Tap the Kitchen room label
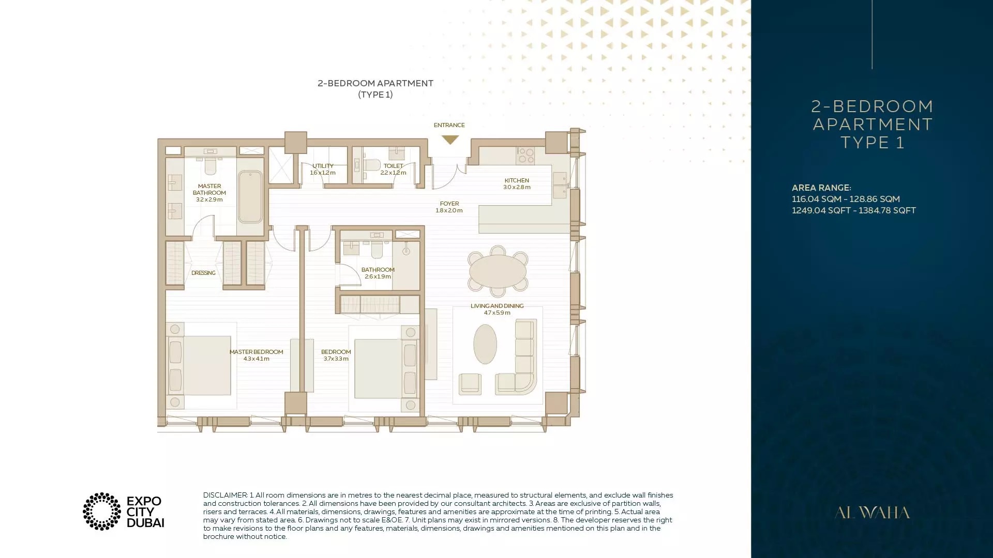point(517,180)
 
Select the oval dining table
point(498,271)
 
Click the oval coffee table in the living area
point(485,344)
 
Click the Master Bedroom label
point(256,352)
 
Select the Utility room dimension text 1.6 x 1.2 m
point(323,173)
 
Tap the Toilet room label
point(393,166)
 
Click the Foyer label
point(449,204)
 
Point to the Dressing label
point(203,273)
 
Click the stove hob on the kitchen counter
point(526,156)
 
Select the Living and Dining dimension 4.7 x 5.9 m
point(497,313)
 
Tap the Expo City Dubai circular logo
point(102,512)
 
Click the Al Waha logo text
point(872,513)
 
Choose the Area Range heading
point(821,188)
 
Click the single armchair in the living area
point(470,384)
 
